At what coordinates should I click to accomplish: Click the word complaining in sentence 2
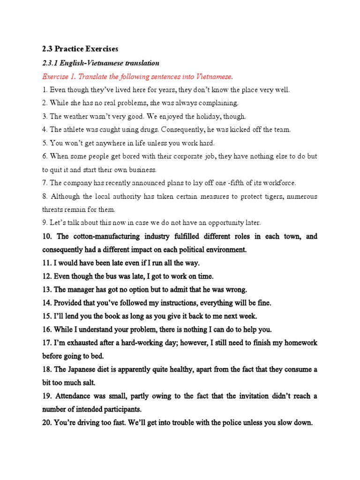click(x=217, y=103)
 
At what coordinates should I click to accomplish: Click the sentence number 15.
click(x=47, y=316)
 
